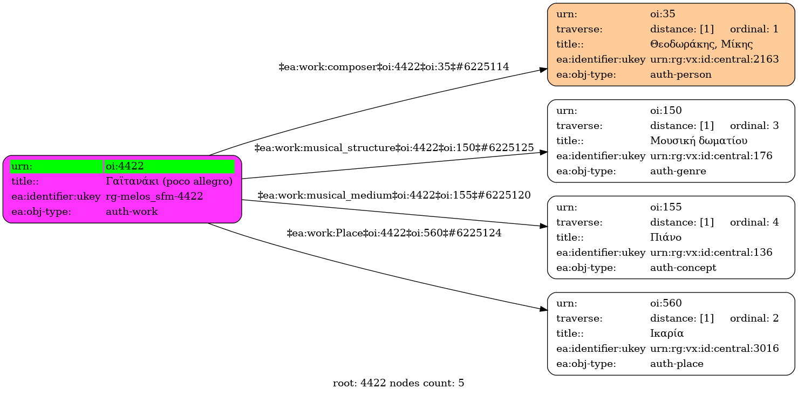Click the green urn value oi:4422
[x=125, y=166]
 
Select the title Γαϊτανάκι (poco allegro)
[x=169, y=181]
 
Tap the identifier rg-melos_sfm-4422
[x=154, y=196]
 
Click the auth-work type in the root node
[x=132, y=212]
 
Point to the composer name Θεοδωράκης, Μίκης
[x=701, y=44]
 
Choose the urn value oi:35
[x=662, y=14]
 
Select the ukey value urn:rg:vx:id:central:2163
[x=714, y=59]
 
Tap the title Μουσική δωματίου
[x=699, y=141]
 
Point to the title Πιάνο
[x=666, y=237]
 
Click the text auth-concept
[x=683, y=268]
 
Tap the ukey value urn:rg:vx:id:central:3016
[x=714, y=349]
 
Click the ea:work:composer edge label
[x=393, y=67]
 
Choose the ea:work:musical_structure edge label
[x=394, y=148]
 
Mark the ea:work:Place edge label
[x=394, y=234]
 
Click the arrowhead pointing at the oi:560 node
[x=544, y=309]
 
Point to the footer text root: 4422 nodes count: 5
[x=398, y=384]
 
